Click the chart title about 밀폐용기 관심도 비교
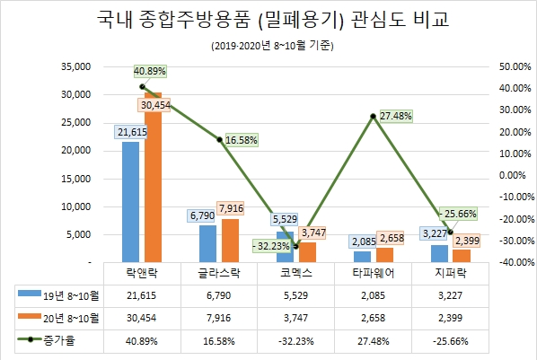[268, 20]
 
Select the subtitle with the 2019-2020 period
[268, 45]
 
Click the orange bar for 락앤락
[153, 180]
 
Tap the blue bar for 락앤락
[131, 202]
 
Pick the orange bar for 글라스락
[230, 241]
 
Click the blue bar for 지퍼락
[439, 253]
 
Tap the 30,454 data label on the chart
[156, 105]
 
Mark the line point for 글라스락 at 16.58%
[220, 139]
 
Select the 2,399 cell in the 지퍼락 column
[451, 318]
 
